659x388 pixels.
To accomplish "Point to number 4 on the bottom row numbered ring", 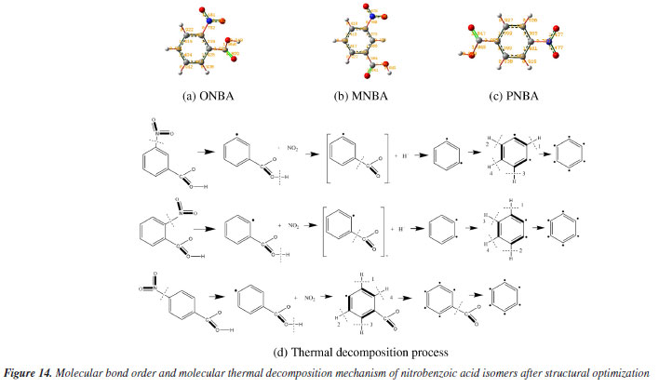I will click(x=403, y=297).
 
